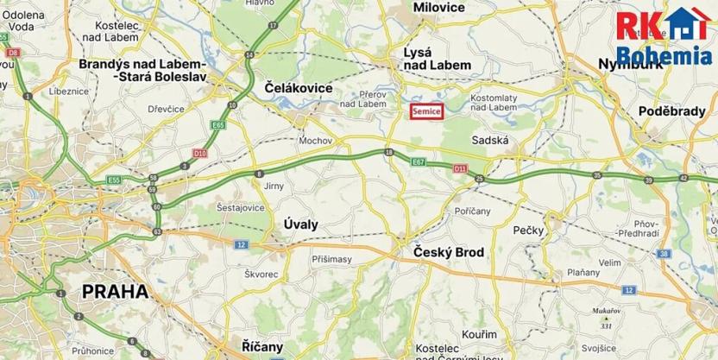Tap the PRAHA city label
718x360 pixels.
tap(114, 291)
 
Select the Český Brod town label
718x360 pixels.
tap(444, 253)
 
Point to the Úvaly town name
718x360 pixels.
tap(301, 224)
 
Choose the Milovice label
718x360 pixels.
tap(438, 8)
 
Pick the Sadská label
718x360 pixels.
tap(491, 140)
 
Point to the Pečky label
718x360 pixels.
tap(526, 230)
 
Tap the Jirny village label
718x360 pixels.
tap(274, 186)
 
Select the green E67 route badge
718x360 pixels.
tap(419, 161)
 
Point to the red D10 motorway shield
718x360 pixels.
tap(200, 154)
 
